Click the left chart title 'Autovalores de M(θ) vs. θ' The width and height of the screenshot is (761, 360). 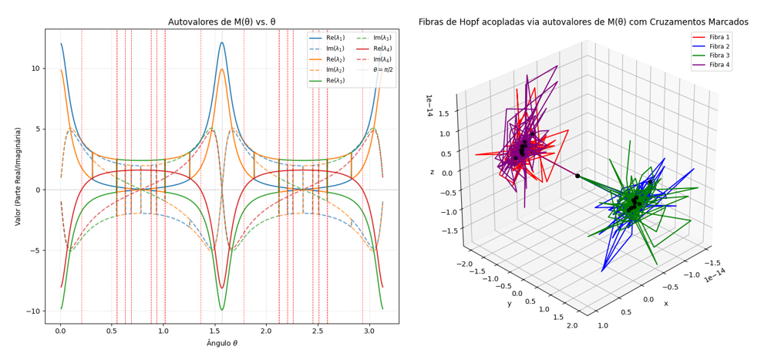click(x=221, y=22)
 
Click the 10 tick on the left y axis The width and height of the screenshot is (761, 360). click(x=35, y=68)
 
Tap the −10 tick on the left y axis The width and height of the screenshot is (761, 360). click(x=32, y=311)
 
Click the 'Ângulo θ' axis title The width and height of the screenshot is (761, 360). click(x=221, y=343)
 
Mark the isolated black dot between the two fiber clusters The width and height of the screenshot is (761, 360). click(x=577, y=176)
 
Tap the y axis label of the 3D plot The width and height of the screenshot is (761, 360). click(x=509, y=303)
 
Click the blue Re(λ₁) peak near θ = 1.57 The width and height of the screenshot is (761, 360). click(x=222, y=42)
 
